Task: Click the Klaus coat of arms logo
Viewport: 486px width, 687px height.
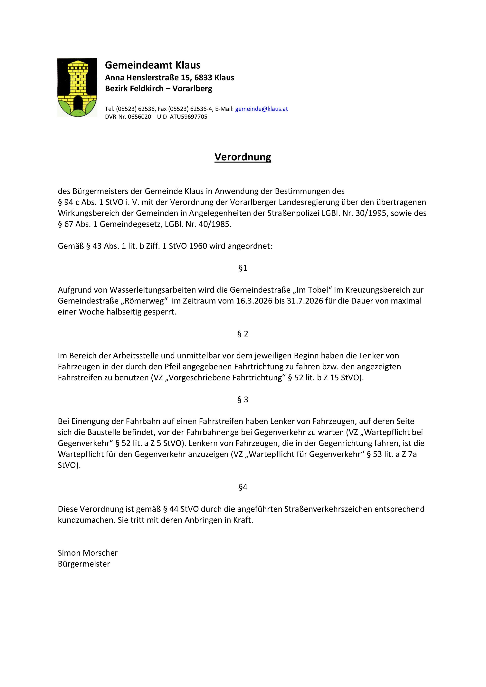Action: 77,87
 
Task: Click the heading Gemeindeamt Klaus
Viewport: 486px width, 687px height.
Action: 153,65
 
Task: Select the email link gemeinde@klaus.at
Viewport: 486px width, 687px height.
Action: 261,109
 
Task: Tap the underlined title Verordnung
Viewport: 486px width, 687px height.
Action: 243,157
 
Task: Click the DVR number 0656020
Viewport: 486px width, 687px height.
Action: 139,117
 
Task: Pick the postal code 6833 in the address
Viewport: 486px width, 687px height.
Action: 203,78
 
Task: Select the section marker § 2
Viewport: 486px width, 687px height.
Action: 243,334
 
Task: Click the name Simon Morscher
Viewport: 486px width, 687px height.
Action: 88,553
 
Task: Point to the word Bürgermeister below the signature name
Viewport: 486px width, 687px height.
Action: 84,564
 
